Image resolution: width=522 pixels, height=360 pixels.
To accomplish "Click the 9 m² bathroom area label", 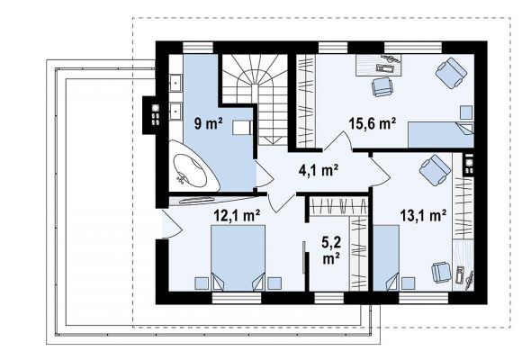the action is [209, 124].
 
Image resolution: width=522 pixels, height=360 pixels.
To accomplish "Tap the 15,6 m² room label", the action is [373, 123].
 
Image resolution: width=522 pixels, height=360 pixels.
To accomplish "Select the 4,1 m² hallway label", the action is [319, 170].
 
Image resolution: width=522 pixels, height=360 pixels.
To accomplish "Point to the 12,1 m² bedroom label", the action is [237, 215].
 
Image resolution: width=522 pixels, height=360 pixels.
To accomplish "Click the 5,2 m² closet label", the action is [331, 250].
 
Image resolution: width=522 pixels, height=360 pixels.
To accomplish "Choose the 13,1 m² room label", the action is [423, 215].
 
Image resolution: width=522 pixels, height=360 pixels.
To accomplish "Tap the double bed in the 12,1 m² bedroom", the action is [238, 257].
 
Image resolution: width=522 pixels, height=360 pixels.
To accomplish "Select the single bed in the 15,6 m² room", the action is [441, 135].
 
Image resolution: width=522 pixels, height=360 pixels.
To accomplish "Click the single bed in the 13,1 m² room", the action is [386, 257].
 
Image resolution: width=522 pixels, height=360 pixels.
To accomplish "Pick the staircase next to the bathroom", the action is [255, 99].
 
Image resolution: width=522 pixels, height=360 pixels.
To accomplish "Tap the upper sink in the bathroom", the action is [175, 83].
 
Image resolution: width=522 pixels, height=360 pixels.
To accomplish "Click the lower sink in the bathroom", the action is [175, 112].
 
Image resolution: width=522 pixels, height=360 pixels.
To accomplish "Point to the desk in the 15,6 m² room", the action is [379, 66].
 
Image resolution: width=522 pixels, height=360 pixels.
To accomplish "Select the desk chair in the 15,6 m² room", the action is [382, 87].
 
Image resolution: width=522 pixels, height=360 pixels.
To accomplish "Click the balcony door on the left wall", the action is [170, 223].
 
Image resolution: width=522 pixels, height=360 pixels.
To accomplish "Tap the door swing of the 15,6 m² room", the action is [337, 141].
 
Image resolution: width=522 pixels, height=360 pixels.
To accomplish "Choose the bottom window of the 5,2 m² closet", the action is [328, 298].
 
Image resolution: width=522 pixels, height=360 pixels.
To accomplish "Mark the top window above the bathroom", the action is [198, 48].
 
